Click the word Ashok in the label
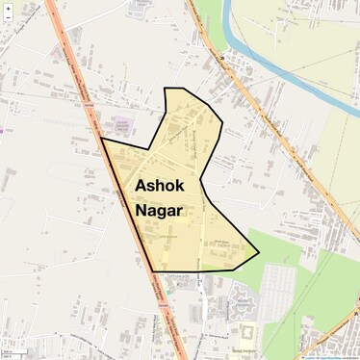click(x=158, y=185)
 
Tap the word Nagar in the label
click(x=159, y=209)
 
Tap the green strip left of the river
click(x=214, y=24)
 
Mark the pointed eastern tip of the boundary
click(x=259, y=253)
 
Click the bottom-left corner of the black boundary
click(x=154, y=270)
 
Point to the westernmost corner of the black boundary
click(x=101, y=140)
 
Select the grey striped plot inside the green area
click(x=277, y=289)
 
